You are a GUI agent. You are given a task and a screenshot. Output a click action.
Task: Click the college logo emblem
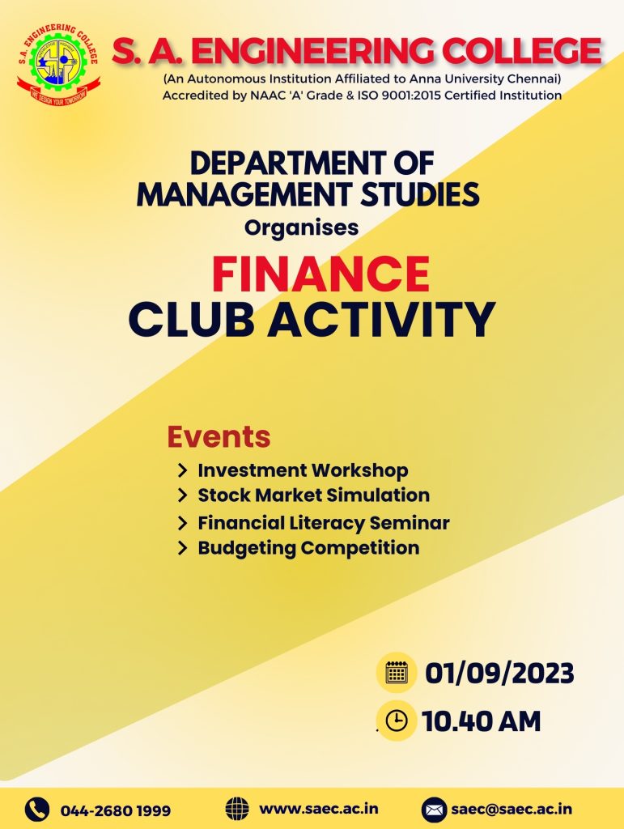pos(58,64)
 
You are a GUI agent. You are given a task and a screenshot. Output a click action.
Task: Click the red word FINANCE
pos(320,274)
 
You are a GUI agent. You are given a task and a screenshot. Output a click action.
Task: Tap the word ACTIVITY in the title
pos(381,319)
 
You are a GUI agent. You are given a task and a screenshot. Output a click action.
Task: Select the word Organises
pos(301,227)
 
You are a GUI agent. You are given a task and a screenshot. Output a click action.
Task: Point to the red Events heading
pos(219,436)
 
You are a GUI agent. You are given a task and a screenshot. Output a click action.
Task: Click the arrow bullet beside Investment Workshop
pos(183,470)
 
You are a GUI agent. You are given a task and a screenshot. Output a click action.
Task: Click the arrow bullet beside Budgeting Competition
pos(183,548)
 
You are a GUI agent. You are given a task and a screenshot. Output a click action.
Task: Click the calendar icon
pos(397,673)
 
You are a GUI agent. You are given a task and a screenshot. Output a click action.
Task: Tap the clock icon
pos(397,720)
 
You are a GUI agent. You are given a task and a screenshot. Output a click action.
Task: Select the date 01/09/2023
pos(499,673)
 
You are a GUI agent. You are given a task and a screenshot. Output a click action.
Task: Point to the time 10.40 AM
pos(482,721)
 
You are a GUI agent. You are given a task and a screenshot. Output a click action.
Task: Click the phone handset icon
pos(37,810)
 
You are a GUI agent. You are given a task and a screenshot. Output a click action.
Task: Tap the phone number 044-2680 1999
pos(116,810)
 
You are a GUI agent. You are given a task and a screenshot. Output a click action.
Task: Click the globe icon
pos(237,809)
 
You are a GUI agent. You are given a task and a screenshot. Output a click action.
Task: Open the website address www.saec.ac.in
pos(319,809)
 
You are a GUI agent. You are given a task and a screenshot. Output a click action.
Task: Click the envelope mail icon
pos(434,810)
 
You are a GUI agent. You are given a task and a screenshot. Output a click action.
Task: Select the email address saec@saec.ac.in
pos(512,809)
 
